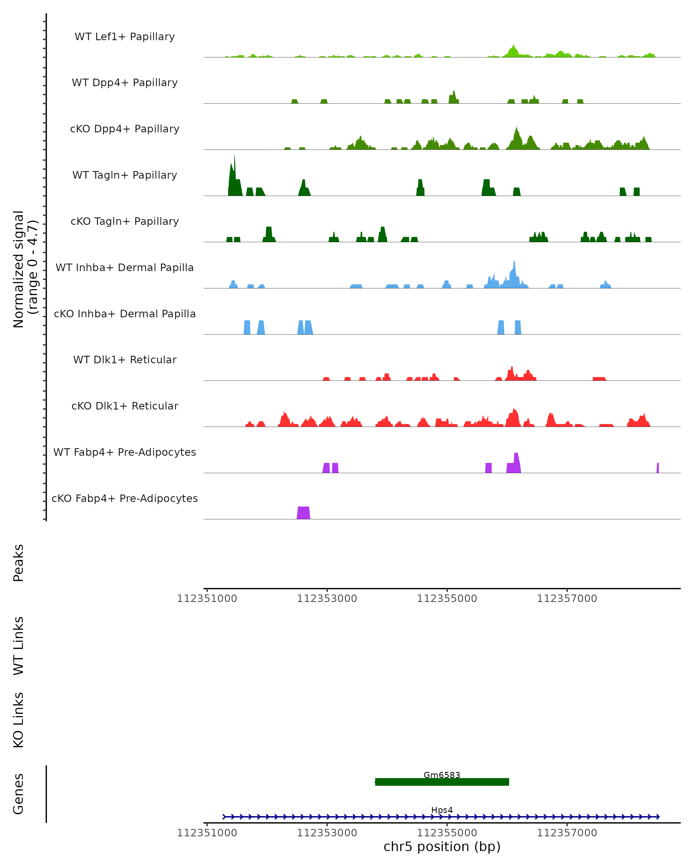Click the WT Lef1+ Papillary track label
[x=125, y=37]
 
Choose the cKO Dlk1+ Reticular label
[x=125, y=406]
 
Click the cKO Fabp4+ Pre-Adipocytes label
[x=125, y=498]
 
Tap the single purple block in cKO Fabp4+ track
[x=303, y=513]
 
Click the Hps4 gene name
[x=442, y=810]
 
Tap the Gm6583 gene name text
[x=442, y=775]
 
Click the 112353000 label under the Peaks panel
[x=327, y=599]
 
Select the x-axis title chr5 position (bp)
[x=442, y=847]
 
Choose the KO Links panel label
[x=19, y=720]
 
